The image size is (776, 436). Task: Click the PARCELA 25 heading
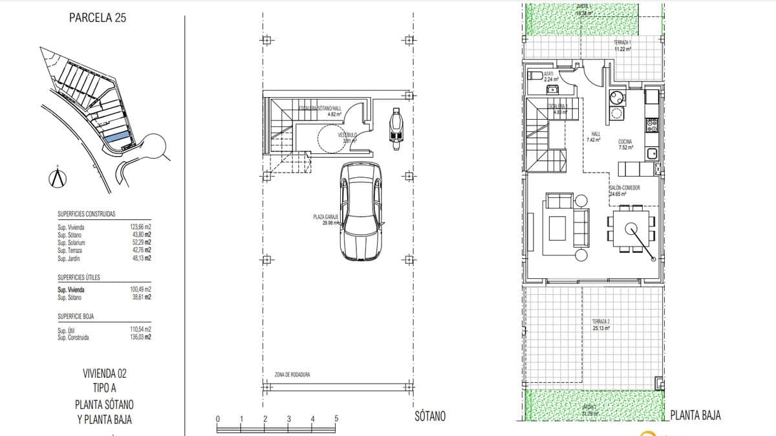(x=97, y=18)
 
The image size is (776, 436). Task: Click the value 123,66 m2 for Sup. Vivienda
(x=140, y=228)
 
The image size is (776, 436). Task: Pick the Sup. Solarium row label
(x=71, y=243)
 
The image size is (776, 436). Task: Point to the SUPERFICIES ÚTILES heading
(x=78, y=277)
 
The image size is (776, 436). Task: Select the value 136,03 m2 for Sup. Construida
(x=140, y=337)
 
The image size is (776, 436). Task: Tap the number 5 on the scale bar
(x=336, y=419)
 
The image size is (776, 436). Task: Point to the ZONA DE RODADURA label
(x=292, y=375)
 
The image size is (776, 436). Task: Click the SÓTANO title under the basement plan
(x=430, y=416)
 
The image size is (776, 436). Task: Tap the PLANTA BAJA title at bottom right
(x=696, y=415)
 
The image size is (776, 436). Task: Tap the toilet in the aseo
(x=535, y=76)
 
